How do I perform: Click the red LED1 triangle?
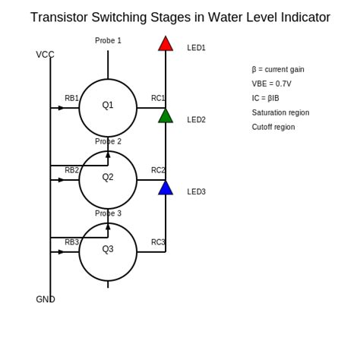coord(166,45)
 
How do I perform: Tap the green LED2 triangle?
coord(166,116)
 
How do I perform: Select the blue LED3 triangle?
coord(166,188)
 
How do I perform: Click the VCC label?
coord(45,55)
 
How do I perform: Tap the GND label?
coord(46,299)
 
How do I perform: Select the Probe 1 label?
coord(108,41)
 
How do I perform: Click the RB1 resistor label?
coord(71,98)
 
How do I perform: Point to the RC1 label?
coord(158,98)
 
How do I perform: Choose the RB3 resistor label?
coord(71,242)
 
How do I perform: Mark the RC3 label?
coord(158,242)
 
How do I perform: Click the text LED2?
coord(196,120)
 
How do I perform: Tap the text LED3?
coord(196,192)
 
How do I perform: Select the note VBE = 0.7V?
coord(271,84)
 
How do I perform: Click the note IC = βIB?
coord(265,99)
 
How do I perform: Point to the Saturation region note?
coord(280,113)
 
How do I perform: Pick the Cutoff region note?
coord(273,128)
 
